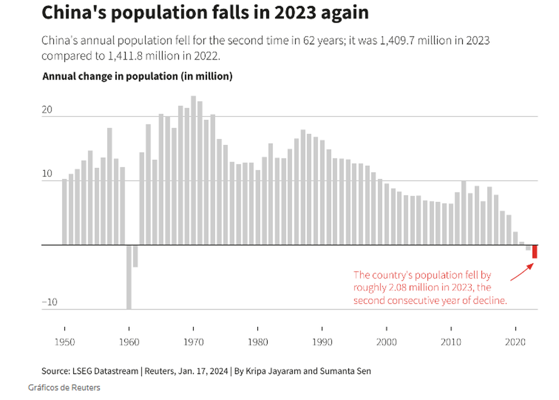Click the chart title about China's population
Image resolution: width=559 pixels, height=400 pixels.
pyautogui.click(x=205, y=13)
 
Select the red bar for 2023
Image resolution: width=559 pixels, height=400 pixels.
pyautogui.click(x=535, y=251)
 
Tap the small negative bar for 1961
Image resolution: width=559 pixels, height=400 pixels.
pyautogui.click(x=136, y=256)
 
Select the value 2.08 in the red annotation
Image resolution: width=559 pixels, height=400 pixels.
pyautogui.click(x=398, y=288)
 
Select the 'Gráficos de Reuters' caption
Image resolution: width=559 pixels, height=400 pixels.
pyautogui.click(x=64, y=387)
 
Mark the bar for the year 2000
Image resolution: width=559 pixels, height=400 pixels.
pyautogui.click(x=387, y=214)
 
